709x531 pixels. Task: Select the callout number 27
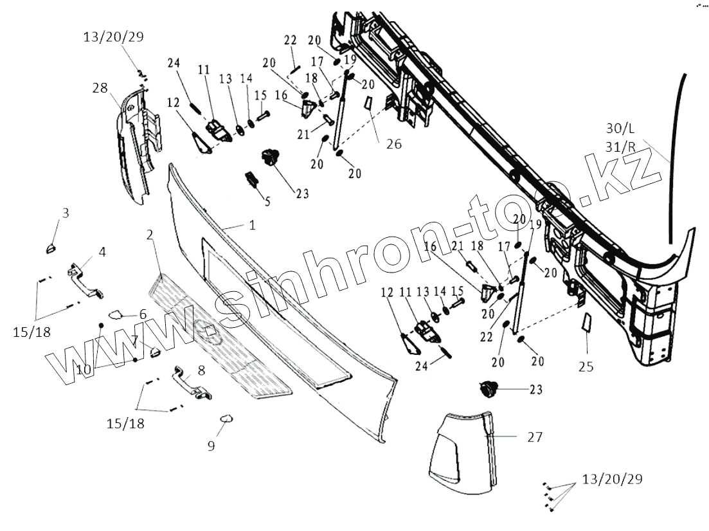[x=534, y=437]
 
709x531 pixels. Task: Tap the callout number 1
[x=253, y=225]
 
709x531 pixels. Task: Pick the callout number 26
[x=393, y=144]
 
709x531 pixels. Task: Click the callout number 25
[x=586, y=367]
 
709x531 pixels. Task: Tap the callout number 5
[x=267, y=201]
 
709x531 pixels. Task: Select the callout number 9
[x=211, y=444]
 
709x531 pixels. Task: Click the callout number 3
[x=65, y=212]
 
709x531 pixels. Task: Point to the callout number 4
[x=102, y=251]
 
